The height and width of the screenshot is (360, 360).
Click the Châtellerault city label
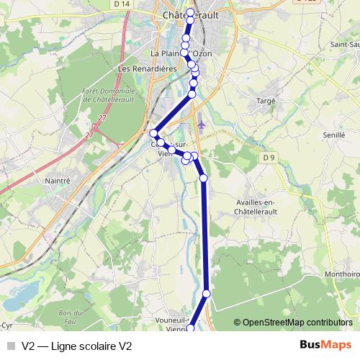[190, 14]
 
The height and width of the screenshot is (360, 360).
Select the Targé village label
[266, 102]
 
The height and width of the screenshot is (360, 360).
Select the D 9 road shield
[269, 157]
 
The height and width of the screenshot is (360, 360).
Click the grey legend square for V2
[11, 345]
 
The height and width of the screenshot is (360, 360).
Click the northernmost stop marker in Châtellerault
[190, 12]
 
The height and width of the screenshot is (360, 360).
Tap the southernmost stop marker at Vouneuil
[191, 329]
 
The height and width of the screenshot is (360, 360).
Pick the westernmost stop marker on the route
[153, 133]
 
